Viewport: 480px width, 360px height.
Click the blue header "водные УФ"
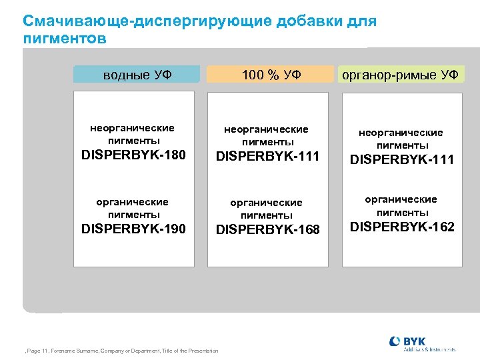point(137,75)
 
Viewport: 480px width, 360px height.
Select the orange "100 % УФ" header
point(269,75)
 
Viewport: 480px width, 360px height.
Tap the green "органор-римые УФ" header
point(401,75)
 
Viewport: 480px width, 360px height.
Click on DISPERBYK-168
point(268,230)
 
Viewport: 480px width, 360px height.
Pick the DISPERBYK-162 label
point(402,227)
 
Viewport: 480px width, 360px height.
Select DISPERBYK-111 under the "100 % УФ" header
point(268,157)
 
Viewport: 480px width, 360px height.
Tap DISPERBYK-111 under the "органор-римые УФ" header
point(402,160)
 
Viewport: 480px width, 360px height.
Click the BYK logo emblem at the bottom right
point(395,342)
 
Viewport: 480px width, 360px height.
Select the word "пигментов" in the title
point(65,39)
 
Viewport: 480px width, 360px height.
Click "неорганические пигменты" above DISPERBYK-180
point(133,134)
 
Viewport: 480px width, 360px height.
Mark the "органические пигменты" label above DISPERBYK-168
point(267,208)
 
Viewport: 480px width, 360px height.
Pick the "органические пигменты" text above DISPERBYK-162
point(401,205)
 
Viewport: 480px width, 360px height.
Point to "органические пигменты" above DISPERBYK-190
point(133,207)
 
